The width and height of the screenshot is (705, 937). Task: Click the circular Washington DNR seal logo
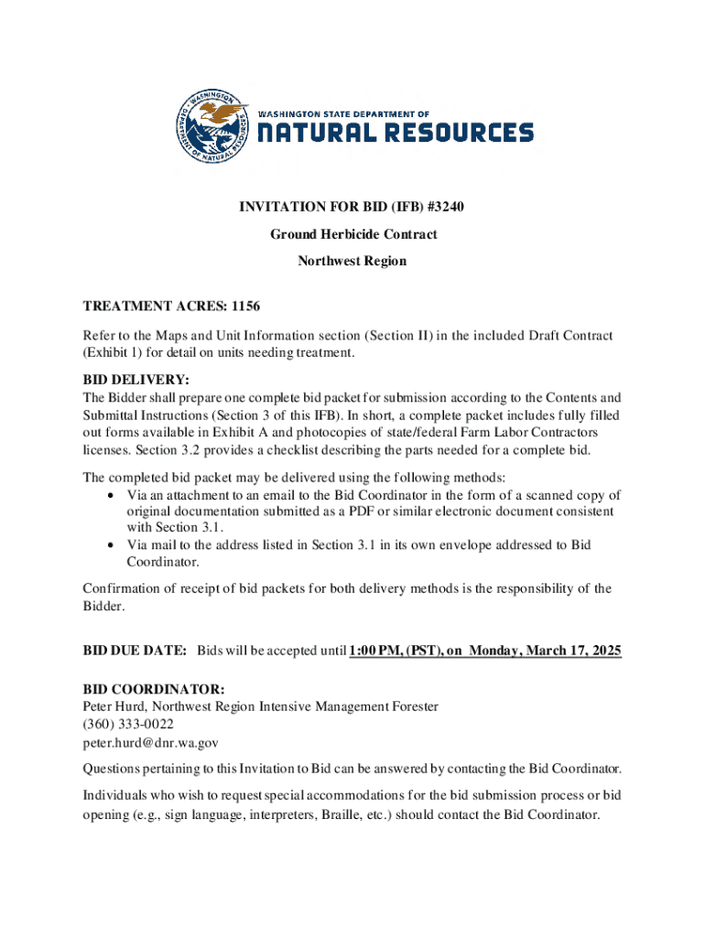[x=212, y=128]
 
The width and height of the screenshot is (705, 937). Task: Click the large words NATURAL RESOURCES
[x=395, y=134]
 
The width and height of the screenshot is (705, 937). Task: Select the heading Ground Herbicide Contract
[x=352, y=234]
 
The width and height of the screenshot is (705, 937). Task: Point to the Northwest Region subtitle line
[x=352, y=261]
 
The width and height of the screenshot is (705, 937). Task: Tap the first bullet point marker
[x=110, y=495]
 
